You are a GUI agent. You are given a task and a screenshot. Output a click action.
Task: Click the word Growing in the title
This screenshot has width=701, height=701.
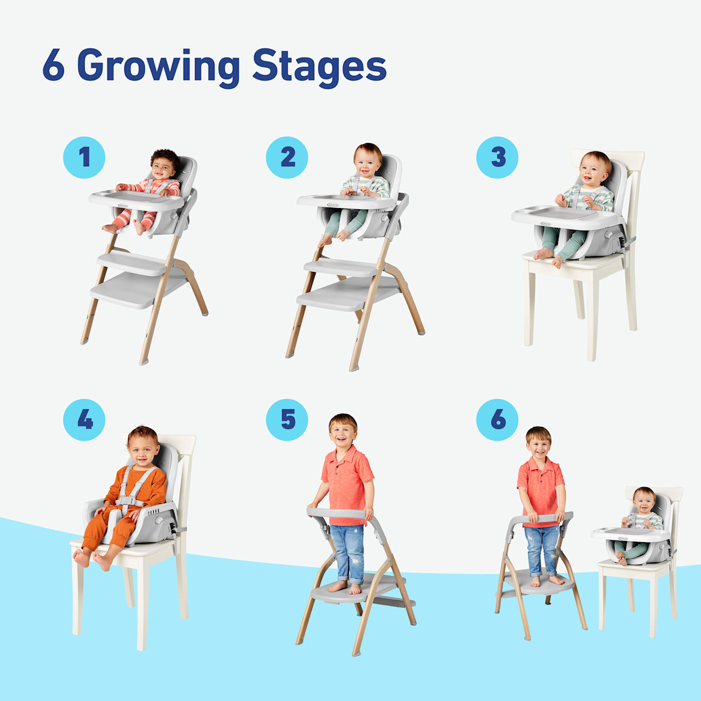pyautogui.click(x=158, y=67)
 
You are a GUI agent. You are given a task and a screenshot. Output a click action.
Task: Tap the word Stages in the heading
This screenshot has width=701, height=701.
pyautogui.click(x=319, y=67)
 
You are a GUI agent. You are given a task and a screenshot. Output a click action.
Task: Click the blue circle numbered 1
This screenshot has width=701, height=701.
pyautogui.click(x=84, y=157)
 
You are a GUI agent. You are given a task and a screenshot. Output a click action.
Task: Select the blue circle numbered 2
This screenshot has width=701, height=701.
pyautogui.click(x=287, y=157)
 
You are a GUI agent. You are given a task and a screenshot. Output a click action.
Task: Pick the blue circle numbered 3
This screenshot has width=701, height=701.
pyautogui.click(x=497, y=157)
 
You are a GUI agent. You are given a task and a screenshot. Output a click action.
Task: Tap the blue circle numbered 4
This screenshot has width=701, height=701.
pyautogui.click(x=84, y=419)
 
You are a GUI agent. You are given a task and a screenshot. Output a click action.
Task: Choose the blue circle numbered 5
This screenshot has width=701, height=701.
pyautogui.click(x=287, y=419)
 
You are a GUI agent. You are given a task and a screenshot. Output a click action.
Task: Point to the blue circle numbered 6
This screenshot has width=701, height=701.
pyautogui.click(x=497, y=419)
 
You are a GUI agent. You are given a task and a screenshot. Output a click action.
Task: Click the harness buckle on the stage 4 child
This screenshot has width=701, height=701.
pyautogui.click(x=130, y=500)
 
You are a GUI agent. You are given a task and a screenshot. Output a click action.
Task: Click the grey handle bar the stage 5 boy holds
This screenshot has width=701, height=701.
pyautogui.click(x=339, y=513)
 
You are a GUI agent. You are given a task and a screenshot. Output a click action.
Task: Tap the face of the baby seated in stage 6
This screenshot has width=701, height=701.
pyautogui.click(x=644, y=502)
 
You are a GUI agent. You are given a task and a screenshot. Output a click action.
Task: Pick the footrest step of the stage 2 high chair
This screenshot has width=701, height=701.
pyautogui.click(x=341, y=267)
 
